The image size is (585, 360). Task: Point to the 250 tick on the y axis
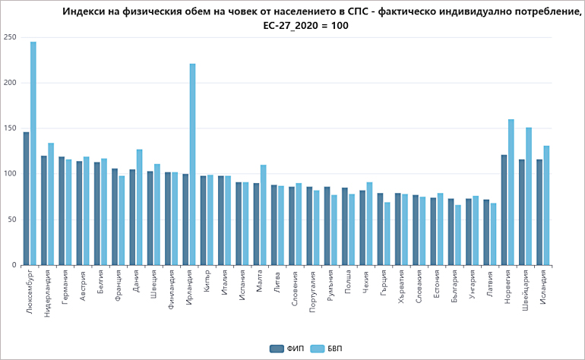click(10, 37)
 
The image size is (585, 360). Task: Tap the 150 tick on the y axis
click(10, 128)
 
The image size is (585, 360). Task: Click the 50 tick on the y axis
click(12, 219)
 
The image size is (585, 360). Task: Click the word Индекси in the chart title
click(87, 12)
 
